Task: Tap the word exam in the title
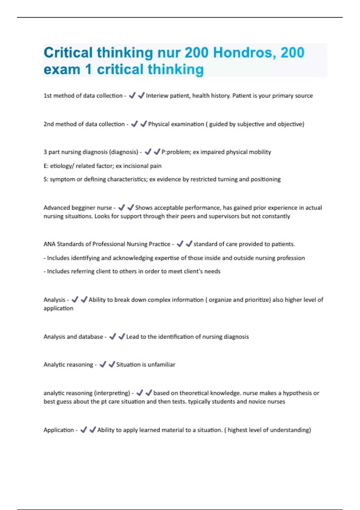[62, 70]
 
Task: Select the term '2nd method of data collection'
[84, 124]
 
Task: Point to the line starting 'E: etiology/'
[102, 166]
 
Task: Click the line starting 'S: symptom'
[162, 179]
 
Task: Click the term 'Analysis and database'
[73, 337]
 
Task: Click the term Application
[58, 430]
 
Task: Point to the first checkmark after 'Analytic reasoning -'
[103, 364]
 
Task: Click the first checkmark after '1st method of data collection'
[132, 96]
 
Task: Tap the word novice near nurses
[255, 402]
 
